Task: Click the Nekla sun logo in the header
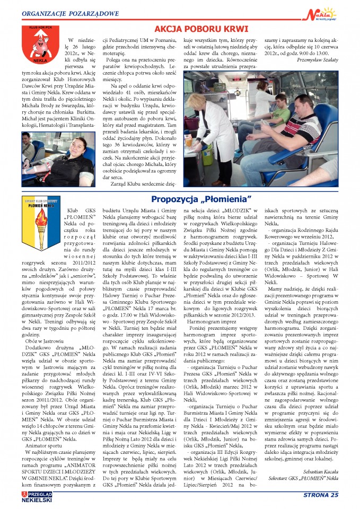[322, 12]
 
